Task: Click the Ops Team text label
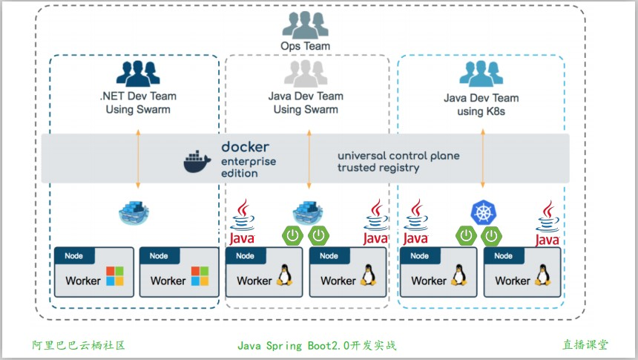[305, 46]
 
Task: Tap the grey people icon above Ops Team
[305, 24]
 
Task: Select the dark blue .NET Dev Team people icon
[138, 73]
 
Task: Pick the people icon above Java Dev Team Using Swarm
[306, 73]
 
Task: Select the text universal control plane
[398, 156]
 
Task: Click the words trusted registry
[378, 168]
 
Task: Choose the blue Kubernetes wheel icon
[483, 212]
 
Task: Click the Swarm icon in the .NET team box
[138, 213]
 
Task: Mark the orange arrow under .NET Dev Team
[138, 158]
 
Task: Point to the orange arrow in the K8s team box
[483, 158]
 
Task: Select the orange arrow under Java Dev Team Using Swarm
[309, 158]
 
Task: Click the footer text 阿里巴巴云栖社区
[78, 345]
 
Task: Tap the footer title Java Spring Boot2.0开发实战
[317, 345]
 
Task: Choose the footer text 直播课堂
[585, 345]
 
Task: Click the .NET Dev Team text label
[138, 96]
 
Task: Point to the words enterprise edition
[248, 167]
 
